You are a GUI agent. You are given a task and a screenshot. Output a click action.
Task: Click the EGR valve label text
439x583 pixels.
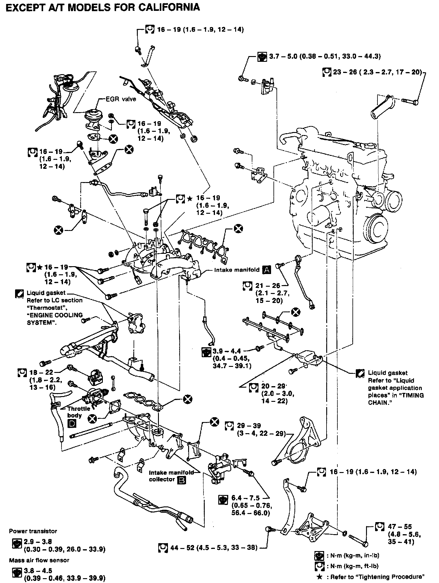point(121,99)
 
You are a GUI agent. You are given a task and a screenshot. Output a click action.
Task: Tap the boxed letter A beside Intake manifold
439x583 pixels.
point(267,270)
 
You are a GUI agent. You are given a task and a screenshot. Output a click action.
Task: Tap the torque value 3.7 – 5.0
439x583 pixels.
point(279,56)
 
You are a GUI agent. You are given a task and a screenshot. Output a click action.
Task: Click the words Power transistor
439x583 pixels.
point(33,531)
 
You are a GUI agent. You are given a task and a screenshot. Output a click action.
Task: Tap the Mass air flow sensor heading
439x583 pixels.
point(39,560)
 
